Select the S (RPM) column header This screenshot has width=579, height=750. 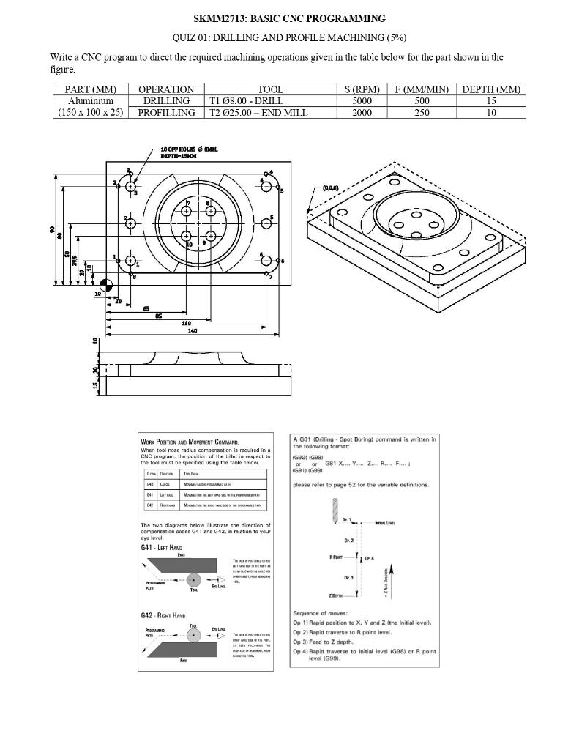362,89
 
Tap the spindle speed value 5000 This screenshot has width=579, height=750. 362,101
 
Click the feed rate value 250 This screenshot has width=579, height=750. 422,113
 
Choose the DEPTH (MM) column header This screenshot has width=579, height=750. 491,89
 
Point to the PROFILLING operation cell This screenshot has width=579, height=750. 166,113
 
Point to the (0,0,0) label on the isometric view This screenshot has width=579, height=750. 329,188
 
